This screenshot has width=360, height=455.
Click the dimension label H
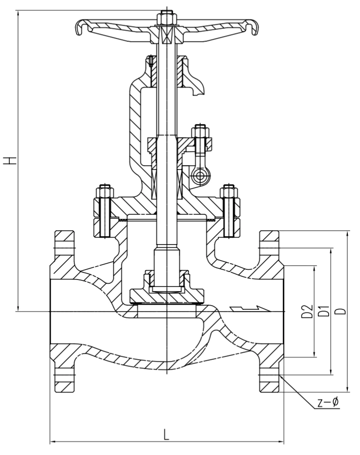tap(10, 161)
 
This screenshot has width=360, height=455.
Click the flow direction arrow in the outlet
tap(250, 309)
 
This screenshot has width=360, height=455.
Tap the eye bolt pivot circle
tap(200, 175)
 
